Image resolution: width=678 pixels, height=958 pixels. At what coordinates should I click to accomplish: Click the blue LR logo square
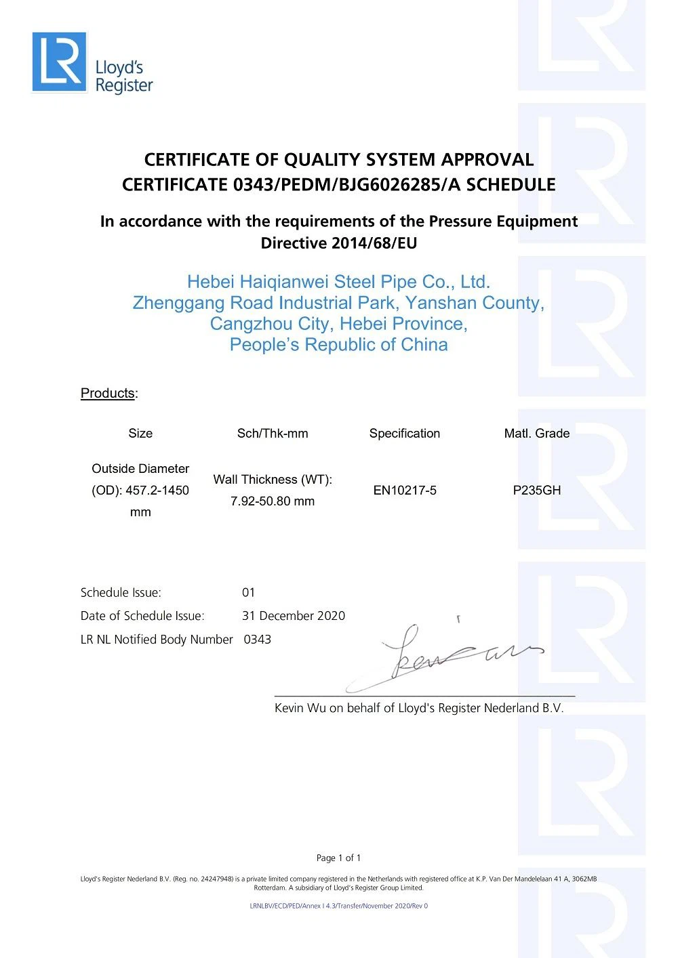[60, 62]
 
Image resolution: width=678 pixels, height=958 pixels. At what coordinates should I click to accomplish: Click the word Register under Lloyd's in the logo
[124, 85]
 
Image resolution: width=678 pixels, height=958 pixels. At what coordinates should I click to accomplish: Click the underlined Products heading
[108, 393]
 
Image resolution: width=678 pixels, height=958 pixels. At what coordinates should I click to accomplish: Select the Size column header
[140, 434]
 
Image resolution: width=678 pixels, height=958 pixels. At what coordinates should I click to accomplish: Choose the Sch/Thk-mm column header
[273, 434]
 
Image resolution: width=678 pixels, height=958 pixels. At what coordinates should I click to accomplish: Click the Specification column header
[405, 434]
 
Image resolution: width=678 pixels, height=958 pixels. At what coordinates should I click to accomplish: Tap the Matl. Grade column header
[537, 434]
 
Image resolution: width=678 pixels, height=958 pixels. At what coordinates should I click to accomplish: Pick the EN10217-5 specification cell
[405, 491]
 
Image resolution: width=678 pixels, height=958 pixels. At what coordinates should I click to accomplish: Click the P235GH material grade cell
[537, 491]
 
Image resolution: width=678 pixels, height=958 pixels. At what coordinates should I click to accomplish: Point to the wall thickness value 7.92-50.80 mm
[273, 501]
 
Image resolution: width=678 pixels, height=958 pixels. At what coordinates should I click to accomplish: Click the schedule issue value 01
[249, 593]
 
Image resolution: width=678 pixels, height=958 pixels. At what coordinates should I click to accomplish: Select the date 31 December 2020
[294, 616]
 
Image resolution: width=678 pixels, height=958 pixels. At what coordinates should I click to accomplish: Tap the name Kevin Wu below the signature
[300, 708]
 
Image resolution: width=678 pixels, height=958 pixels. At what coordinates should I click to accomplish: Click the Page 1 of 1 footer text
[339, 858]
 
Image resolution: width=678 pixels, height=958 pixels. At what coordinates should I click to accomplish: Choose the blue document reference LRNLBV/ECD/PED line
[339, 906]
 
